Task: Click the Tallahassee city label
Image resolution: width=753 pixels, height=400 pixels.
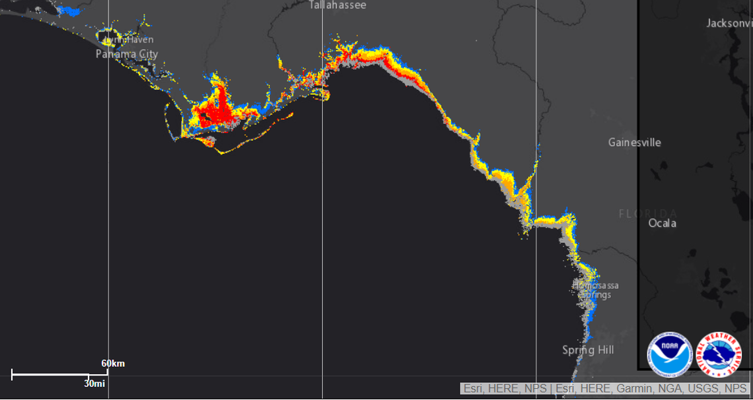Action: pyautogui.click(x=337, y=5)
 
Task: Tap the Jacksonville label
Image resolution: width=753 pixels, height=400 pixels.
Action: pyautogui.click(x=729, y=23)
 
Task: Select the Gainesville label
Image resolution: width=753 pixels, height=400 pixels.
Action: pyautogui.click(x=634, y=143)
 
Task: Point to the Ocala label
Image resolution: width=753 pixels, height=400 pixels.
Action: pyautogui.click(x=662, y=223)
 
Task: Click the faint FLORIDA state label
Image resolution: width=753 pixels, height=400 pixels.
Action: pyautogui.click(x=647, y=214)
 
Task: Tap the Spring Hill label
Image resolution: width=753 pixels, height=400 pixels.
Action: pyautogui.click(x=588, y=350)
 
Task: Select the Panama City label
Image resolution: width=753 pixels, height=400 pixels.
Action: pyautogui.click(x=127, y=54)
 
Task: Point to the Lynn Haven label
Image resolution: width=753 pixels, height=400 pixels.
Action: pyautogui.click(x=130, y=40)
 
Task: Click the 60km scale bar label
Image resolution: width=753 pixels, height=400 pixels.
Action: pyautogui.click(x=113, y=364)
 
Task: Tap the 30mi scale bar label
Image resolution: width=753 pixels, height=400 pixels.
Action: pyautogui.click(x=94, y=383)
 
